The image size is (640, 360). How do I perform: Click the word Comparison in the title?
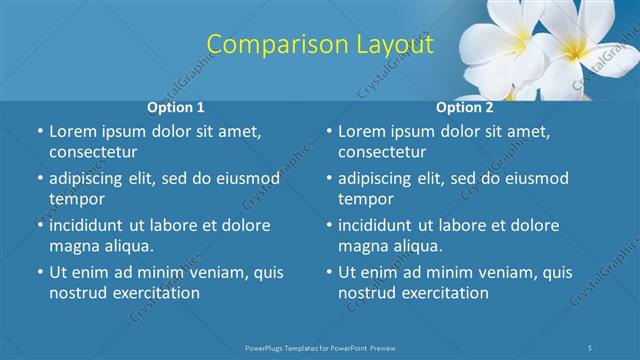[x=265, y=44]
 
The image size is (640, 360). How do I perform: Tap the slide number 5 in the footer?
[x=592, y=347]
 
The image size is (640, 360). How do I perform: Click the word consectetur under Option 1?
[x=93, y=153]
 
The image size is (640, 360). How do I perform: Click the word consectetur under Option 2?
[x=383, y=153]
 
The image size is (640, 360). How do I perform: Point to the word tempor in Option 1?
[x=76, y=200]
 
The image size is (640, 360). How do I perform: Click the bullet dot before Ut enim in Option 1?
[x=38, y=272]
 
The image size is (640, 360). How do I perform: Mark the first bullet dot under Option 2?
[x=328, y=131]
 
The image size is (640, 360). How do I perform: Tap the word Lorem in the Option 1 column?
[x=72, y=131]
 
